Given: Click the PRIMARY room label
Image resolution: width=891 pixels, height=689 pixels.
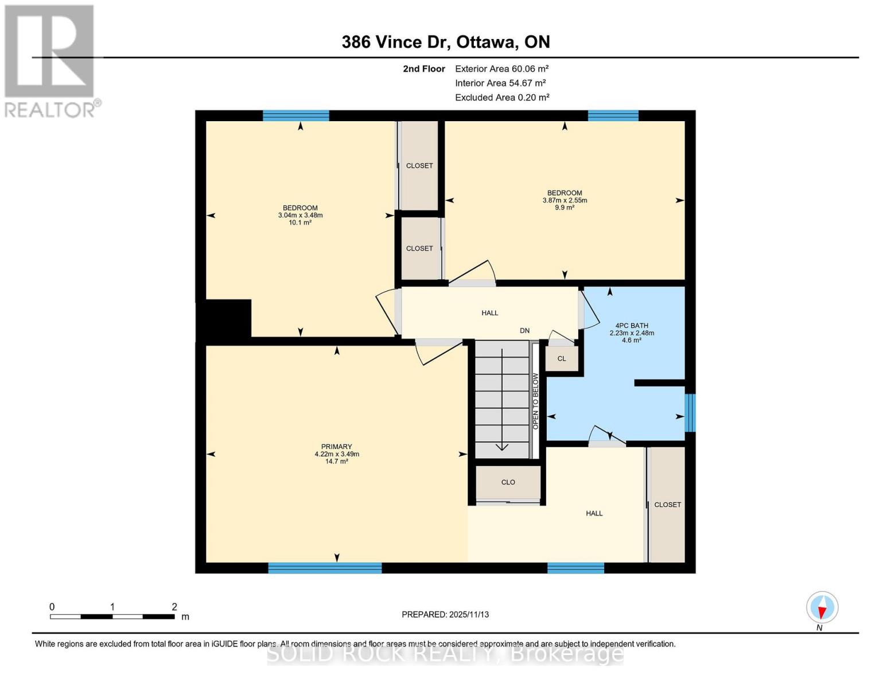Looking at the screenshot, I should point(336,447).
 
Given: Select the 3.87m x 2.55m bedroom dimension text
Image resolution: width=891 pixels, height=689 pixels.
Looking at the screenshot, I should point(565,200).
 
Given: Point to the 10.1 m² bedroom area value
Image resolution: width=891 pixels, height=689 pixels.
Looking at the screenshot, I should point(300,223).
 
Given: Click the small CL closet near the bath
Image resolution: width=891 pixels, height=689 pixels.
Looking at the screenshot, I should point(562,359).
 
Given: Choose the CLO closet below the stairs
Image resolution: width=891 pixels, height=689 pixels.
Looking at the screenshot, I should point(508,482).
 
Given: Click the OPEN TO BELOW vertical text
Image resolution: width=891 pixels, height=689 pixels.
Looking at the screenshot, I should point(535,401).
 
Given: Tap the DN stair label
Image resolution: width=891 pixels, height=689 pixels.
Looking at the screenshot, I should point(524,331).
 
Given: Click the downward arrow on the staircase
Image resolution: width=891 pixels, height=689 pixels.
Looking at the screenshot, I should point(502,446).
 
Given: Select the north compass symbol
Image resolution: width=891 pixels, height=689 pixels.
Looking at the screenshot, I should point(822,607).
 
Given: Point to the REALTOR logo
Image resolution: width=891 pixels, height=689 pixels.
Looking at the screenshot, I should point(50,61).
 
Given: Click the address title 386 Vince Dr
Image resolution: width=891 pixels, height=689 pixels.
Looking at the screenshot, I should point(445,42).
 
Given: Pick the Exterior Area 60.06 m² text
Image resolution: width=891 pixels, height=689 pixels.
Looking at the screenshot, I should point(501,69).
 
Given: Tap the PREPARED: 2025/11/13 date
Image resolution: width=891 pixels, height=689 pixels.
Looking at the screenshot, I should point(445,614).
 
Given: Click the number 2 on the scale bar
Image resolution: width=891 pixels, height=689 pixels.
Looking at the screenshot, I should point(174,607).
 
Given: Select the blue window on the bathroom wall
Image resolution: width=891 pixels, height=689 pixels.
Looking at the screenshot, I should point(690,413).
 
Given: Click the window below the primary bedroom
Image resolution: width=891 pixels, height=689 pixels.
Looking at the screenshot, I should point(325,568).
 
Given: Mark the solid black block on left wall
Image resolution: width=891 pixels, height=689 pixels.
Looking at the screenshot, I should point(224,319).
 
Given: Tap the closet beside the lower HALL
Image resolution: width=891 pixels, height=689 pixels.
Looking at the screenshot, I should point(667,504).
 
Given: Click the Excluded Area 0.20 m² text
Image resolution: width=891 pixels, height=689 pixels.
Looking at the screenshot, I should point(501,98).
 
